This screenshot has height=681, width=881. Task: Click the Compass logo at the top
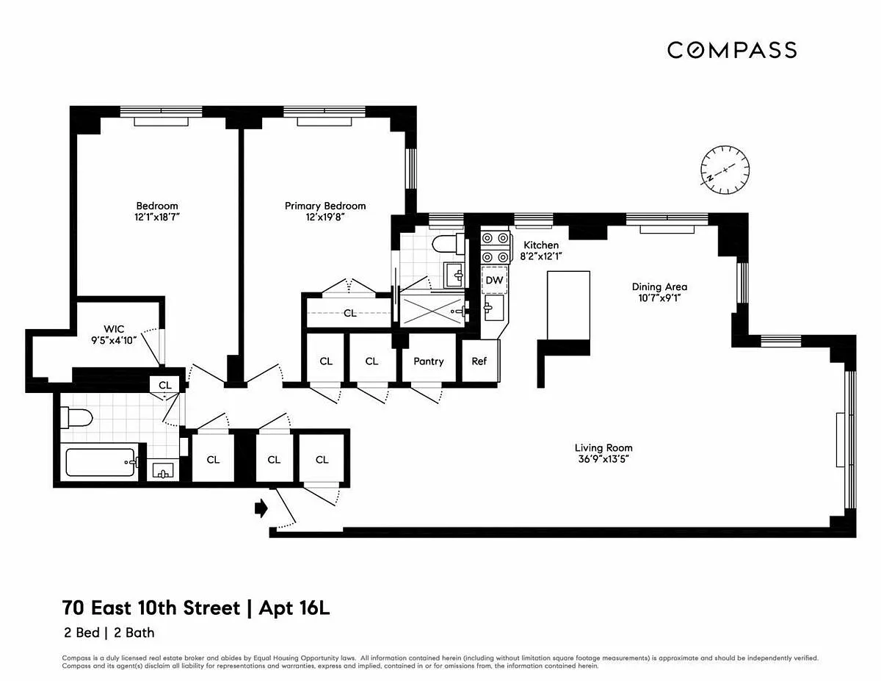coord(732,50)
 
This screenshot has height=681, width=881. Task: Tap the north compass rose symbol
coord(725,170)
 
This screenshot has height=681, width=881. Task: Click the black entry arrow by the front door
coord(261,508)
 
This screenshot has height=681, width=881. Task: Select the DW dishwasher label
coord(494,280)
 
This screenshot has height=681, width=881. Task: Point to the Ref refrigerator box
coord(480,361)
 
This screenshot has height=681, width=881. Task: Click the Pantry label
coord(429,361)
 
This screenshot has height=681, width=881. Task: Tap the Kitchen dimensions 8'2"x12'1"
coord(541,256)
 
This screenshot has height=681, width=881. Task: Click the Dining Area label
coord(659,287)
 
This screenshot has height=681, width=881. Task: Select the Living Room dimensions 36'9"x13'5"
coord(603,459)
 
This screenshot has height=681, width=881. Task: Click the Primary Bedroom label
coord(325,206)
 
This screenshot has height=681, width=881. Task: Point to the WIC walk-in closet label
coord(114,329)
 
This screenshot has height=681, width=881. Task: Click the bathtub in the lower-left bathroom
coord(100,462)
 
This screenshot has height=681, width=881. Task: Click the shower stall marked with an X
coord(432,311)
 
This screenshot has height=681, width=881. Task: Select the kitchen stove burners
coord(495,248)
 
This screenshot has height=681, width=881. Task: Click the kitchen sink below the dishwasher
coord(494,309)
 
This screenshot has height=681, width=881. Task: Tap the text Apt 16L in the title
coord(294,608)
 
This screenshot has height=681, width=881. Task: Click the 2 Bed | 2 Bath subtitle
coord(109,633)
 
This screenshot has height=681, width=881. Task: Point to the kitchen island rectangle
coord(568,305)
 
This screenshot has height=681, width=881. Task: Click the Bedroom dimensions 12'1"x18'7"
coord(157,217)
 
